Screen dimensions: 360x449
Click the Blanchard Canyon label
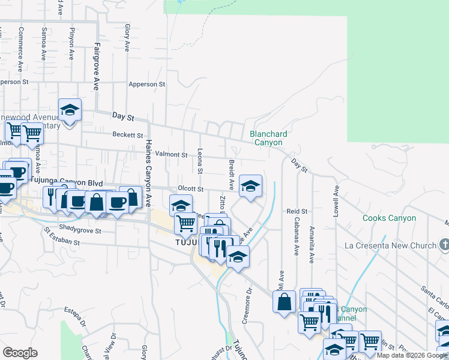click(x=268, y=139)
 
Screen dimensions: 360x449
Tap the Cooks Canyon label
click(x=389, y=218)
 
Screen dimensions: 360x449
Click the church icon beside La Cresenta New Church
click(x=444, y=245)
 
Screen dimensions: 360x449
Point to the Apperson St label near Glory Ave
click(x=146, y=85)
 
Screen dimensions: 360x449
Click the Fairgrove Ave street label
click(x=96, y=67)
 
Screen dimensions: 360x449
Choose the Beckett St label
click(x=128, y=136)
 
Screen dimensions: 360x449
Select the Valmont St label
click(x=172, y=154)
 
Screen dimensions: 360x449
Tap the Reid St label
click(x=297, y=212)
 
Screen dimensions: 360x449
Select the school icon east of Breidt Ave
click(x=251, y=186)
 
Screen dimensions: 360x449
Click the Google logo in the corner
click(x=20, y=352)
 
